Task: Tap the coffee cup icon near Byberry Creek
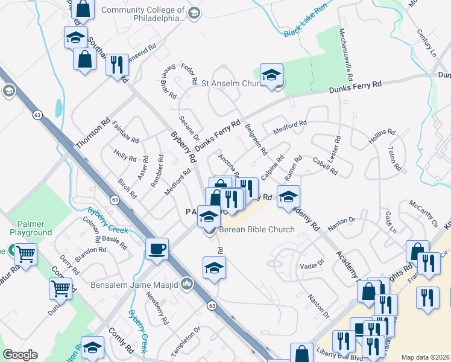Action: click(x=157, y=249)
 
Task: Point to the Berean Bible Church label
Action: click(x=256, y=229)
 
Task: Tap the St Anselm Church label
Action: click(x=229, y=83)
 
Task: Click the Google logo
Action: click(x=20, y=355)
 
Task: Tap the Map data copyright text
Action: click(x=425, y=357)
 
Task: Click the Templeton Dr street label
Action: click(x=183, y=341)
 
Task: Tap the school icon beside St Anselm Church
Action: click(x=271, y=75)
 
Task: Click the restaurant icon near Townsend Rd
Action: click(x=116, y=65)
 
